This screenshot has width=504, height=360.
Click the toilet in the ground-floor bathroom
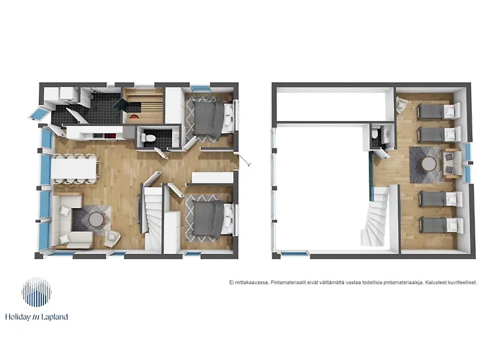tap(148, 138)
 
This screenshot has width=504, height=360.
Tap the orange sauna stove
tap(134, 117)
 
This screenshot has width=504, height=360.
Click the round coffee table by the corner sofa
tap(96, 220)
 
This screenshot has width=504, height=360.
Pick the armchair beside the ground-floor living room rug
tap(112, 238)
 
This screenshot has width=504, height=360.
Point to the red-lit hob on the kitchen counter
tap(110, 136)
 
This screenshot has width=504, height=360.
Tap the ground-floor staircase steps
tap(153, 219)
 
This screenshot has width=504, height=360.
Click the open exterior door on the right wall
tap(243, 159)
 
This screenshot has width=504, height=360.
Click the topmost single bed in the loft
tap(438, 111)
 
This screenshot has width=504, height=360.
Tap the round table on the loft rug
tap(429, 164)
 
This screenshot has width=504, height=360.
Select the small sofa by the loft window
tap(453, 164)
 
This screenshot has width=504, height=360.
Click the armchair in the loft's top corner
tap(400, 105)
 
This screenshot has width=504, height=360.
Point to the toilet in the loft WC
tap(375, 133)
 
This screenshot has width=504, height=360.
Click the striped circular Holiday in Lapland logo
tap(37, 292)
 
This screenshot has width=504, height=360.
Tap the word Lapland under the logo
tap(55, 317)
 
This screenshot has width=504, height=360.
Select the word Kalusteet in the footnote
tap(436, 282)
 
